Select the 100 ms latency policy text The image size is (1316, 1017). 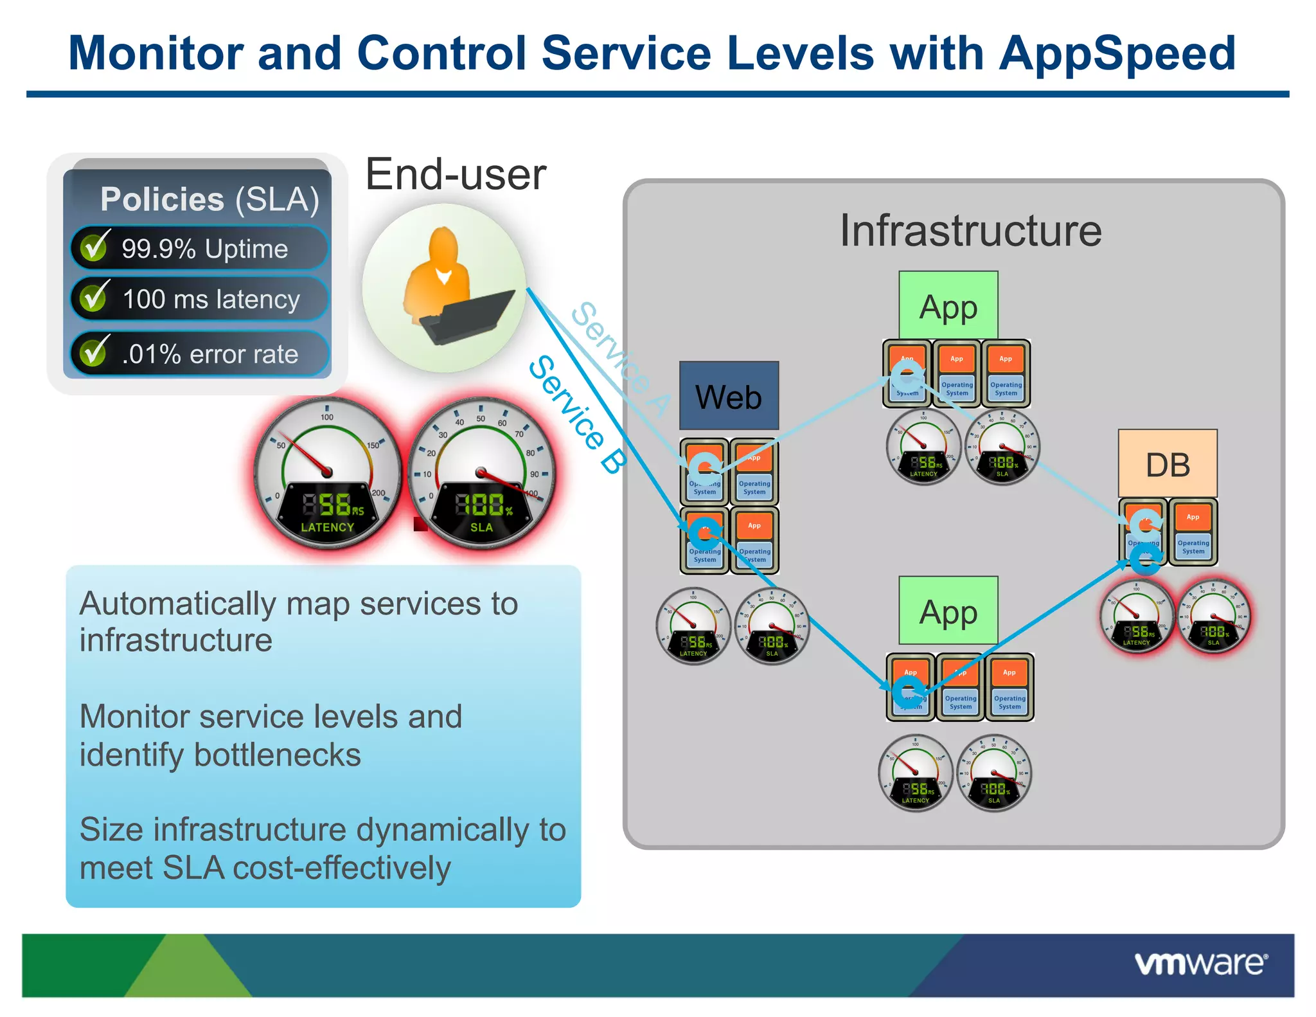pos(211,300)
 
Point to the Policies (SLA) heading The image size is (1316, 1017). pos(209,199)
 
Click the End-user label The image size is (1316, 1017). pos(456,174)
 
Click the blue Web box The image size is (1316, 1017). pos(729,395)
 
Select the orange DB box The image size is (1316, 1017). pos(1167,464)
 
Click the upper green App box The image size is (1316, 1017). pos(948,305)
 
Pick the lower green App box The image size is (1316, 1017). pos(948,611)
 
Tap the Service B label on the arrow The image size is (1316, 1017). pos(576,415)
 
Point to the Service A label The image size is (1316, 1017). pos(620,358)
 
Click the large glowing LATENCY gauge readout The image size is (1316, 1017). pos(328,505)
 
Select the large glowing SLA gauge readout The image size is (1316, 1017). pos(482,505)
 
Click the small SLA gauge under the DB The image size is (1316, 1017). pos(1213,617)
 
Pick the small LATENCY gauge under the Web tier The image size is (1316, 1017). pos(693,627)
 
